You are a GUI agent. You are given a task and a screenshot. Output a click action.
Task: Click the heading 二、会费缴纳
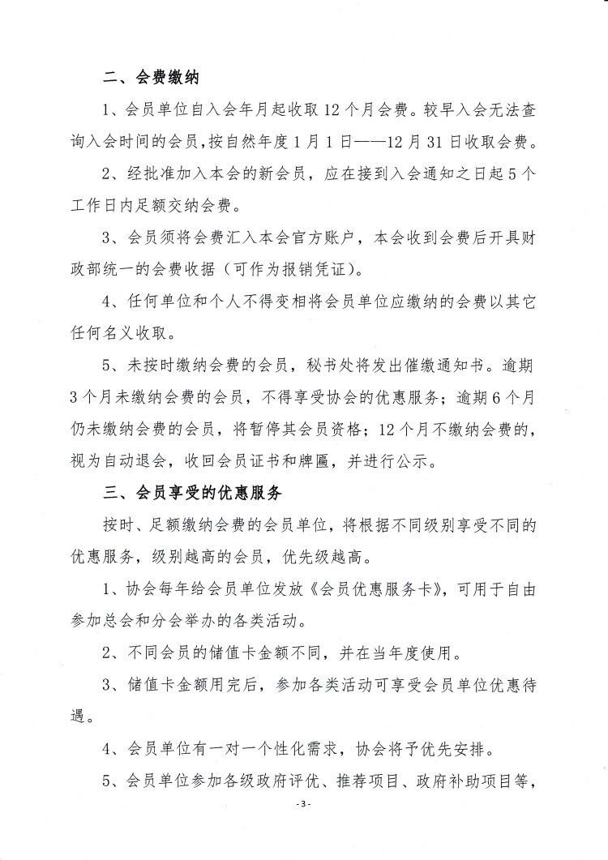[152, 79]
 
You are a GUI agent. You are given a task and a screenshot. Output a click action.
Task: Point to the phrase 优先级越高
[333, 557]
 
